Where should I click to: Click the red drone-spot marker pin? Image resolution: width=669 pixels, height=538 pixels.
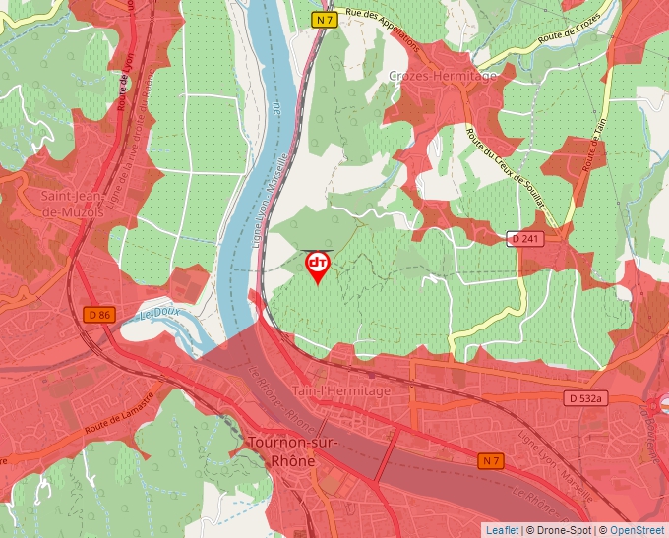pyautogui.click(x=318, y=266)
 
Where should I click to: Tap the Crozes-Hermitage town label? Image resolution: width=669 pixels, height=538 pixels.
pyautogui.click(x=443, y=76)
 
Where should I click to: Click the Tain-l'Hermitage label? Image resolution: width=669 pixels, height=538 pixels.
pyautogui.click(x=340, y=390)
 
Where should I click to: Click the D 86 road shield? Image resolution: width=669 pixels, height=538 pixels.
pyautogui.click(x=99, y=315)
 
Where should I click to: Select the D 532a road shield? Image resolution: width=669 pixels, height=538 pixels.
pyautogui.click(x=584, y=398)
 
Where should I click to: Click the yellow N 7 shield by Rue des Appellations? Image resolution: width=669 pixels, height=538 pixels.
pyautogui.click(x=326, y=20)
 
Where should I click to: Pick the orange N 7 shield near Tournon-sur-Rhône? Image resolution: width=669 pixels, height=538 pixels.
pyautogui.click(x=491, y=460)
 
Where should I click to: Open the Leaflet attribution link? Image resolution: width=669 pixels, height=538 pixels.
pyautogui.click(x=502, y=530)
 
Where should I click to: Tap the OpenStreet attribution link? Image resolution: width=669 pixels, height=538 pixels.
pyautogui.click(x=637, y=530)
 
